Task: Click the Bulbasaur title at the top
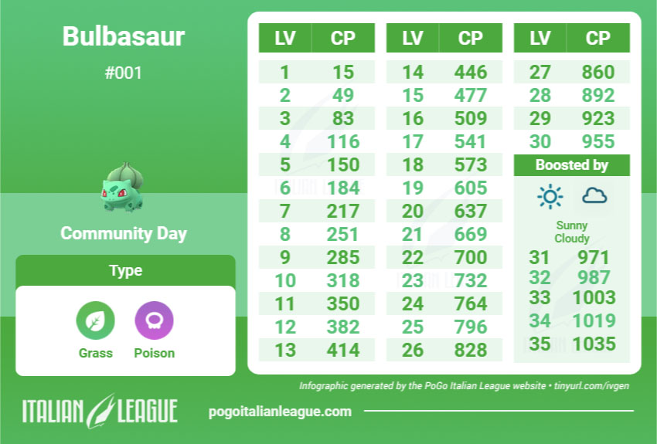point(124,36)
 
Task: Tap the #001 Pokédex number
point(124,73)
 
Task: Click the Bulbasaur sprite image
point(122,187)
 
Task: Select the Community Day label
point(124,233)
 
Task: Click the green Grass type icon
point(96,320)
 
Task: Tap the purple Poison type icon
point(154,320)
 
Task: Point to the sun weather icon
point(550,196)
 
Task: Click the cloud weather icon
point(594,195)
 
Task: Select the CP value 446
point(471,72)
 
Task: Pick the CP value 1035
point(594,344)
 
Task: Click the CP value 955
point(598,141)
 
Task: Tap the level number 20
point(413,211)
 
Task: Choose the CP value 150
point(343,164)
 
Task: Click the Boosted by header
point(571,165)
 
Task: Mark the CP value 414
point(343,350)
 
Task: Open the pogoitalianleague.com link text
point(280,412)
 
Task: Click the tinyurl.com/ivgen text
point(591,385)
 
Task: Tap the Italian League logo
point(100,411)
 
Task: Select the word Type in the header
point(126,270)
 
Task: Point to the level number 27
point(540,72)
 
